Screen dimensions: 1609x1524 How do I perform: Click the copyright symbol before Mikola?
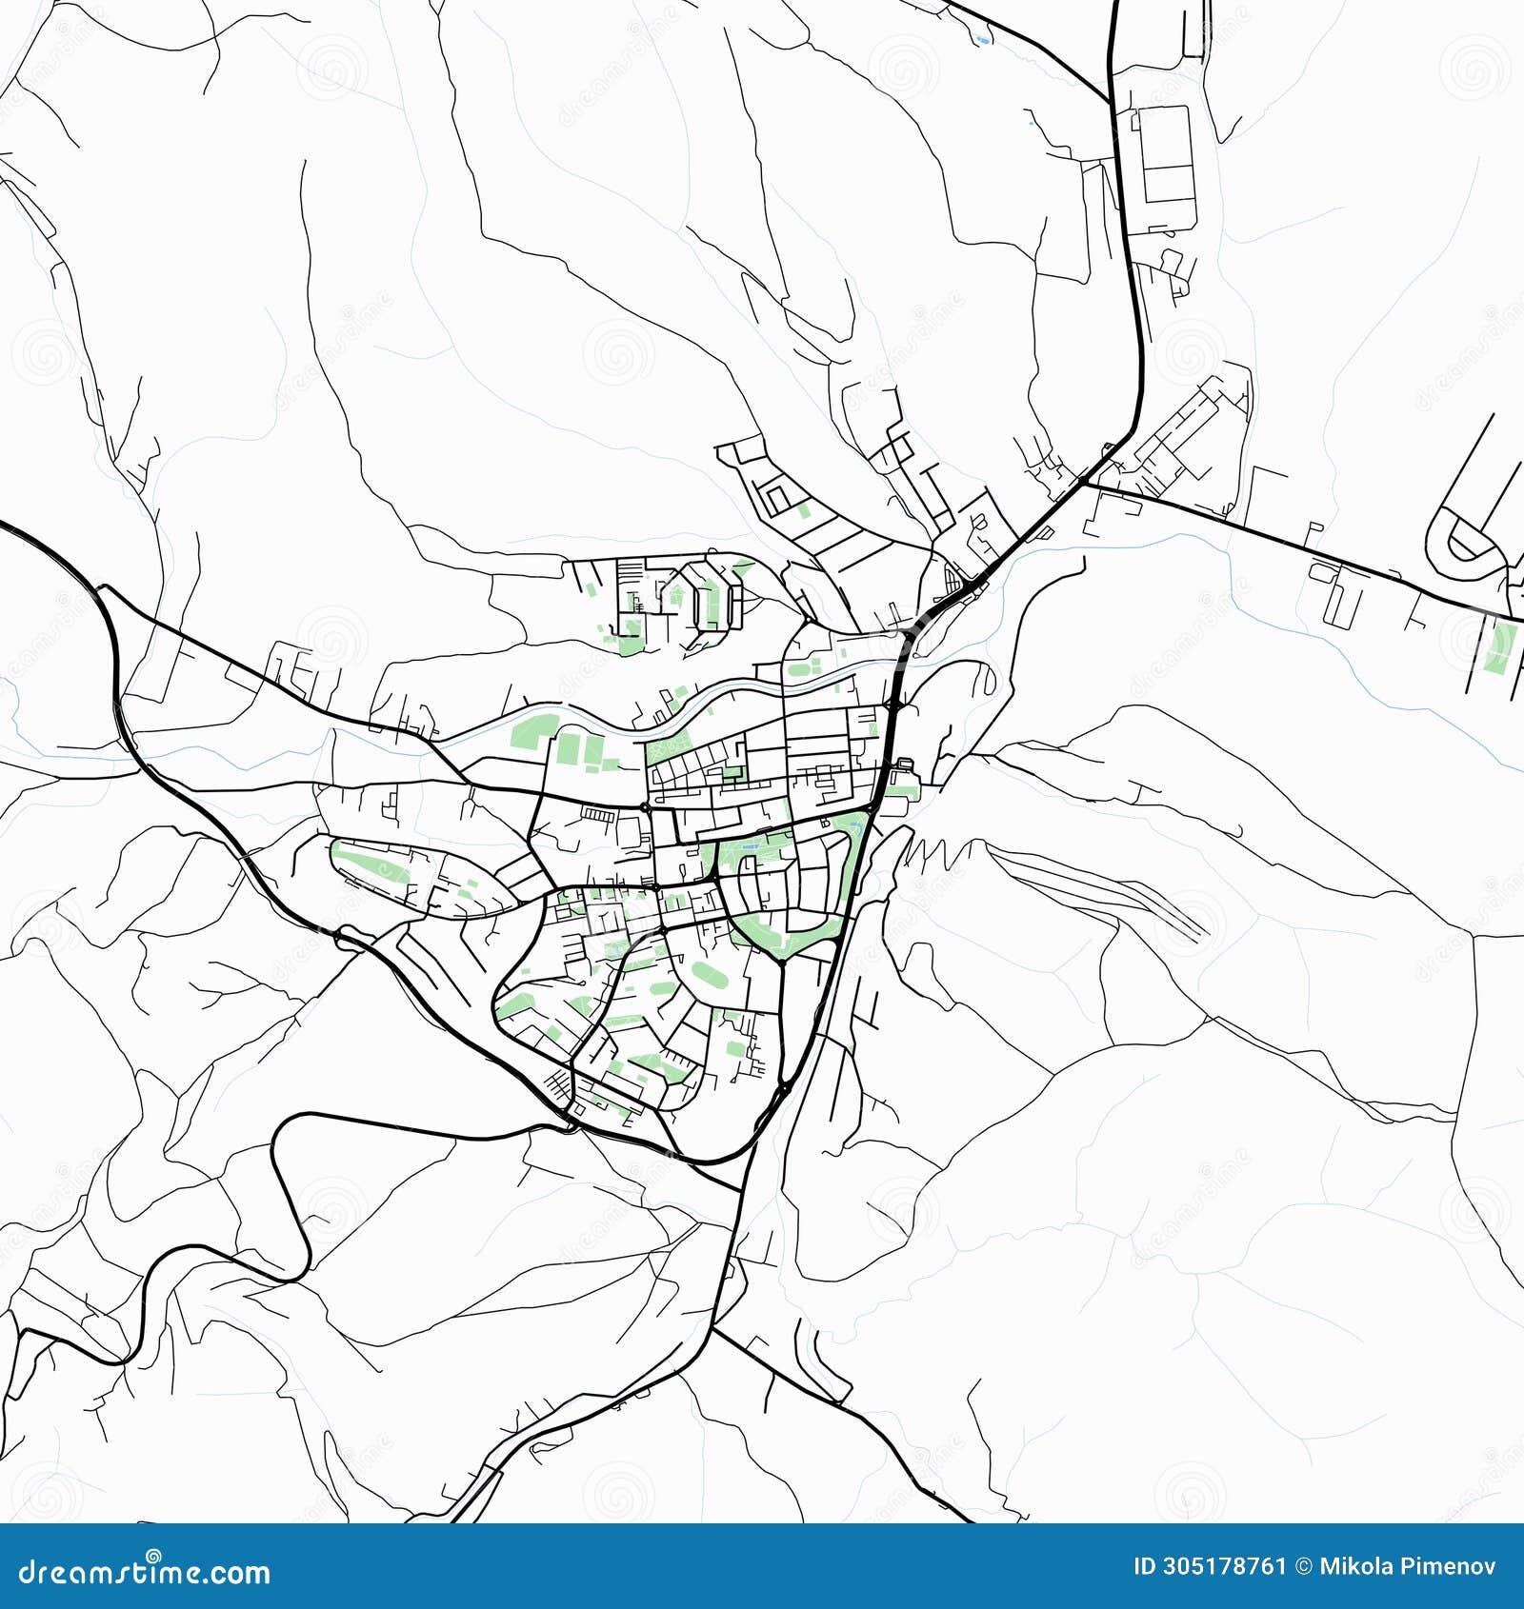1303,1566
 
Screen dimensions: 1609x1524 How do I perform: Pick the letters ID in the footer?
1144,1566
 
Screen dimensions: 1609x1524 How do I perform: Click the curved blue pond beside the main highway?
982,40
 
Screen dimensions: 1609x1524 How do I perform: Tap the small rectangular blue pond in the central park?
752,845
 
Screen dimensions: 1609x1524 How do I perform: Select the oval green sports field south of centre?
707,974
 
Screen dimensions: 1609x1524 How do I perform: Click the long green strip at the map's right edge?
1500,647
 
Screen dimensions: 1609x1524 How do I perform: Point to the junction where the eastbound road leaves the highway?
1085,483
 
